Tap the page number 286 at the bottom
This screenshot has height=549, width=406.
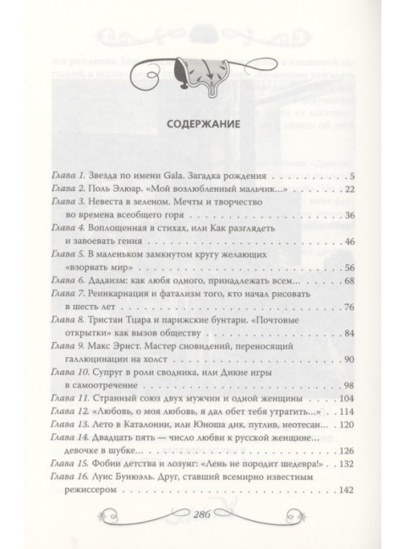[202, 516]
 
